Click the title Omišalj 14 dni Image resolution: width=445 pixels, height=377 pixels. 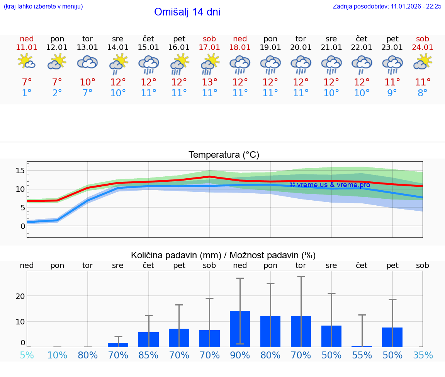click(x=187, y=12)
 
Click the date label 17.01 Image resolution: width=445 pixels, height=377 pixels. click(x=209, y=47)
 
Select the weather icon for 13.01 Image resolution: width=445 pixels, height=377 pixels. click(x=87, y=62)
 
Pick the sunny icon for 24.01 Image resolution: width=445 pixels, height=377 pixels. click(x=423, y=62)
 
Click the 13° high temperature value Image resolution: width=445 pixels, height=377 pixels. click(x=209, y=82)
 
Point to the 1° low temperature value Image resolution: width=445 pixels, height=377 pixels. click(x=27, y=93)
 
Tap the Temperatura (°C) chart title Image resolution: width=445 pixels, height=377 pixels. click(x=224, y=155)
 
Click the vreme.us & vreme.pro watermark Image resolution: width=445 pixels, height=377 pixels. click(x=330, y=185)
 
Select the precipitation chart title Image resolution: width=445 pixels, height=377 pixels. click(x=223, y=255)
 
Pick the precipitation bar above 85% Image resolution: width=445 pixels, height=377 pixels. click(x=149, y=339)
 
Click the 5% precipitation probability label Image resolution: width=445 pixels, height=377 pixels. click(x=27, y=355)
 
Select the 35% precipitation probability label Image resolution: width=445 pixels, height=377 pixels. click(x=423, y=355)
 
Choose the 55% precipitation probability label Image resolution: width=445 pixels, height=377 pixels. click(x=362, y=355)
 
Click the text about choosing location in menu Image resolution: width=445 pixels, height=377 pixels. click(x=43, y=6)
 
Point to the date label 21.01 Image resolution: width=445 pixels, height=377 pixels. click(x=331, y=47)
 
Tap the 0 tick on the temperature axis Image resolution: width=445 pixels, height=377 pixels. click(x=22, y=226)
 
